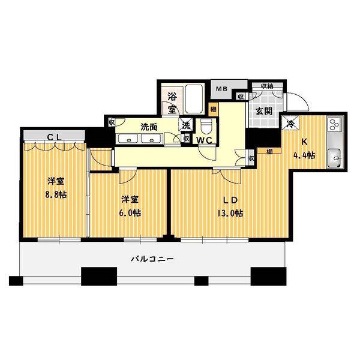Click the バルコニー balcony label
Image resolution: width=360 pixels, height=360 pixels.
(152, 259)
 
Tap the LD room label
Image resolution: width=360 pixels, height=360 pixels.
(230, 200)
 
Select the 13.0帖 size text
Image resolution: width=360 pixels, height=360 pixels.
(230, 214)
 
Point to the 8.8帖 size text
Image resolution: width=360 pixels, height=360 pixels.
(56, 195)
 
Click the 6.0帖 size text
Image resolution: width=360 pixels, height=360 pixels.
(130, 213)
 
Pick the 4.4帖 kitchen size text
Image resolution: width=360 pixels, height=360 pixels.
(304, 155)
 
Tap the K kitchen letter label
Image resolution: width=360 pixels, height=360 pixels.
(304, 142)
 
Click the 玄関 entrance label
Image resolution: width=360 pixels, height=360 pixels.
(264, 112)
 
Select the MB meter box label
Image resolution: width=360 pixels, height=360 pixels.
(221, 89)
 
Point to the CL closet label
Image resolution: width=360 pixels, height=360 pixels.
(54, 137)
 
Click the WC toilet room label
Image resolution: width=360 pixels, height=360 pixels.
(205, 140)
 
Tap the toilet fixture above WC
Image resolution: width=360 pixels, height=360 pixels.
(206, 127)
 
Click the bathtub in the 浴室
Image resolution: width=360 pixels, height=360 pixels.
(194, 99)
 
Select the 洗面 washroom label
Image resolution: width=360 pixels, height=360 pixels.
(149, 127)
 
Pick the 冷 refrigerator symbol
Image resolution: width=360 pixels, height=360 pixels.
(290, 124)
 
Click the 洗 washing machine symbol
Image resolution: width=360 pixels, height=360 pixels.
(186, 125)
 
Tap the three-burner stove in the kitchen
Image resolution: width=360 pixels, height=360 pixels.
(334, 125)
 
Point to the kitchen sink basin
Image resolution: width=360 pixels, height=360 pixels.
(334, 158)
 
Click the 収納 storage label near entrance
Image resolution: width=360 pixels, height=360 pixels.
(267, 86)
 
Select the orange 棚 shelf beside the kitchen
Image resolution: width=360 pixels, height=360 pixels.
(269, 151)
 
